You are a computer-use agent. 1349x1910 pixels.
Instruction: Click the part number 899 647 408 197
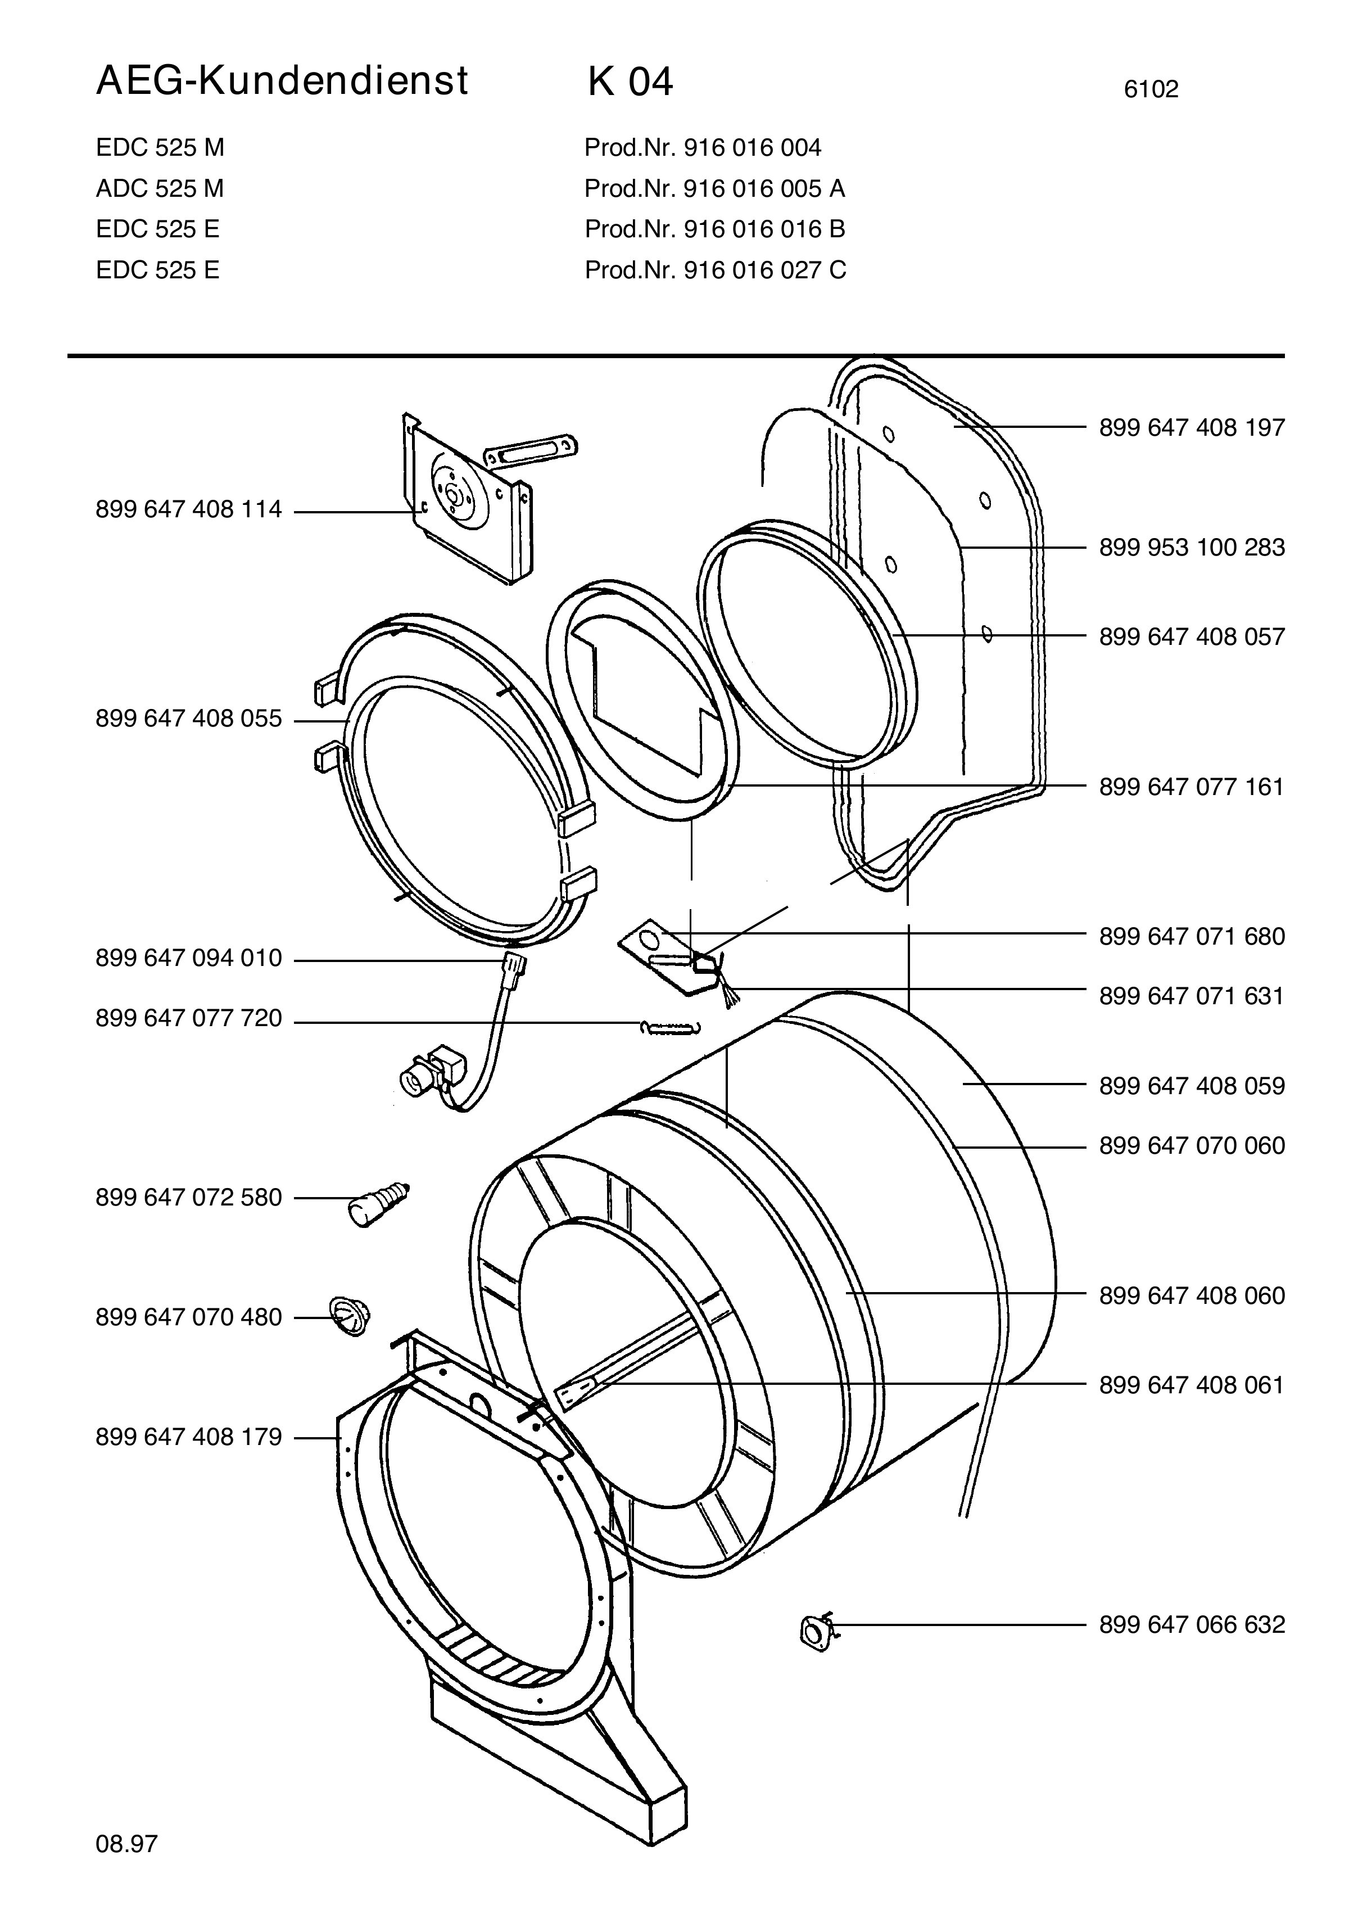(1192, 427)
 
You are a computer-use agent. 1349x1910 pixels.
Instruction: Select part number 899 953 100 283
(1192, 548)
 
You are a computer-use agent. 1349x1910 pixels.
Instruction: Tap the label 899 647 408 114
(189, 509)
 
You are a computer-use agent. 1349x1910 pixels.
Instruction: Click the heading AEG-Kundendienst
(282, 82)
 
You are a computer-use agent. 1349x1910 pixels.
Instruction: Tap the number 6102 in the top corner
(1151, 89)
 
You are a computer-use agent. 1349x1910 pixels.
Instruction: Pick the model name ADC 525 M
(160, 189)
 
